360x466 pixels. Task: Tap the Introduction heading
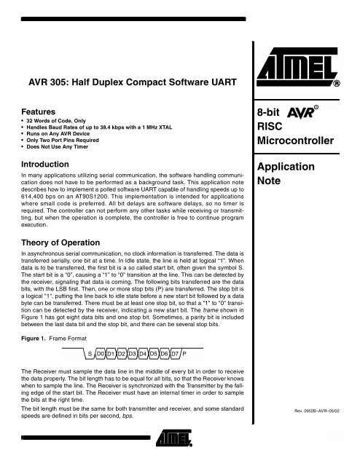pyautogui.click(x=49, y=164)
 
